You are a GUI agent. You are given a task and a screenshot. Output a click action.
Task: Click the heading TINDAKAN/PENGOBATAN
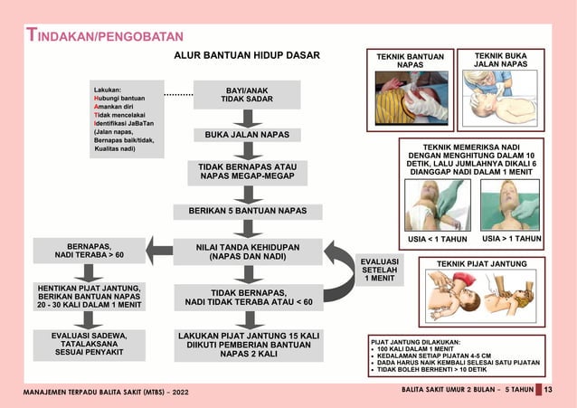click(x=105, y=36)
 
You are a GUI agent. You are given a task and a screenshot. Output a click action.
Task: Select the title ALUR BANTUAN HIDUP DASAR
click(x=247, y=56)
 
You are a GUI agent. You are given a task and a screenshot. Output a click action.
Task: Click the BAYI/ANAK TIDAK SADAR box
click(x=246, y=94)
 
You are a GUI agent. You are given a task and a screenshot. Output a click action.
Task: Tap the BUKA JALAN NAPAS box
click(x=247, y=135)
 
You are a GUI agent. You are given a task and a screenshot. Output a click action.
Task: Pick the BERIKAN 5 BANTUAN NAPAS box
click(x=247, y=211)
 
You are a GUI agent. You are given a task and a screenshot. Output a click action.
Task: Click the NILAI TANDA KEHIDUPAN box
click(x=247, y=251)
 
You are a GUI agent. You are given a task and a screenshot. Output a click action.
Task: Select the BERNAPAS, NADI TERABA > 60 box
click(x=89, y=251)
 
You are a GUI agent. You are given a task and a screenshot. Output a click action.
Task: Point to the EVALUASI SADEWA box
click(x=89, y=345)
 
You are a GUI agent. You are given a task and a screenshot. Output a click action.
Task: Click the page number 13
click(x=548, y=390)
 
